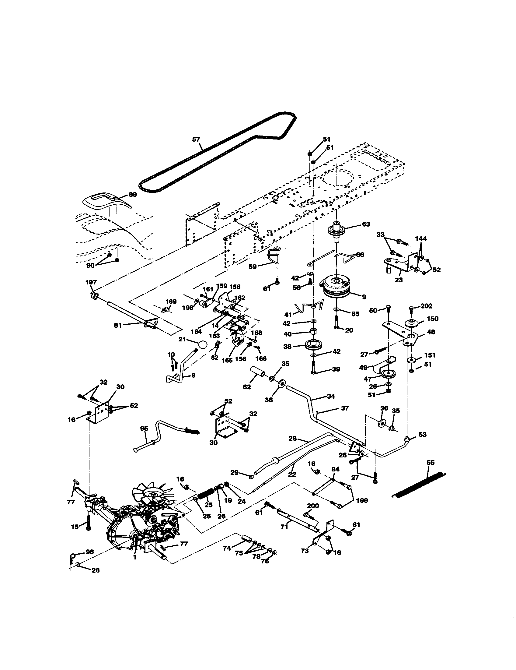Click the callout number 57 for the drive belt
point(196,139)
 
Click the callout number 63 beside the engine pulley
point(366,224)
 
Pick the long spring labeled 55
point(419,485)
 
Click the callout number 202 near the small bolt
point(426,306)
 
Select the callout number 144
point(421,239)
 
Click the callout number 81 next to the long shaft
point(118,325)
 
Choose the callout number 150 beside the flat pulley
point(432,319)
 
